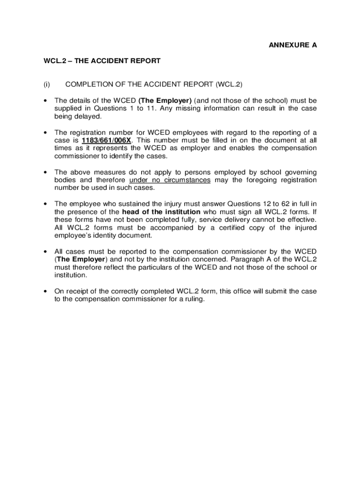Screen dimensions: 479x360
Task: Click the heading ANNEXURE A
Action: pyautogui.click(x=293, y=45)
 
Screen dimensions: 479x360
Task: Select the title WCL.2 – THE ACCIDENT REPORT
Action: pyautogui.click(x=102, y=61)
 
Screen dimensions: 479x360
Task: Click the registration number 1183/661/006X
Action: pyautogui.click(x=106, y=140)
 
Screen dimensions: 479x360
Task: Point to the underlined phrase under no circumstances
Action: pyautogui.click(x=170, y=180)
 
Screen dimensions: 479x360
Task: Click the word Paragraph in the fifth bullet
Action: pyautogui.click(x=244, y=260)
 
